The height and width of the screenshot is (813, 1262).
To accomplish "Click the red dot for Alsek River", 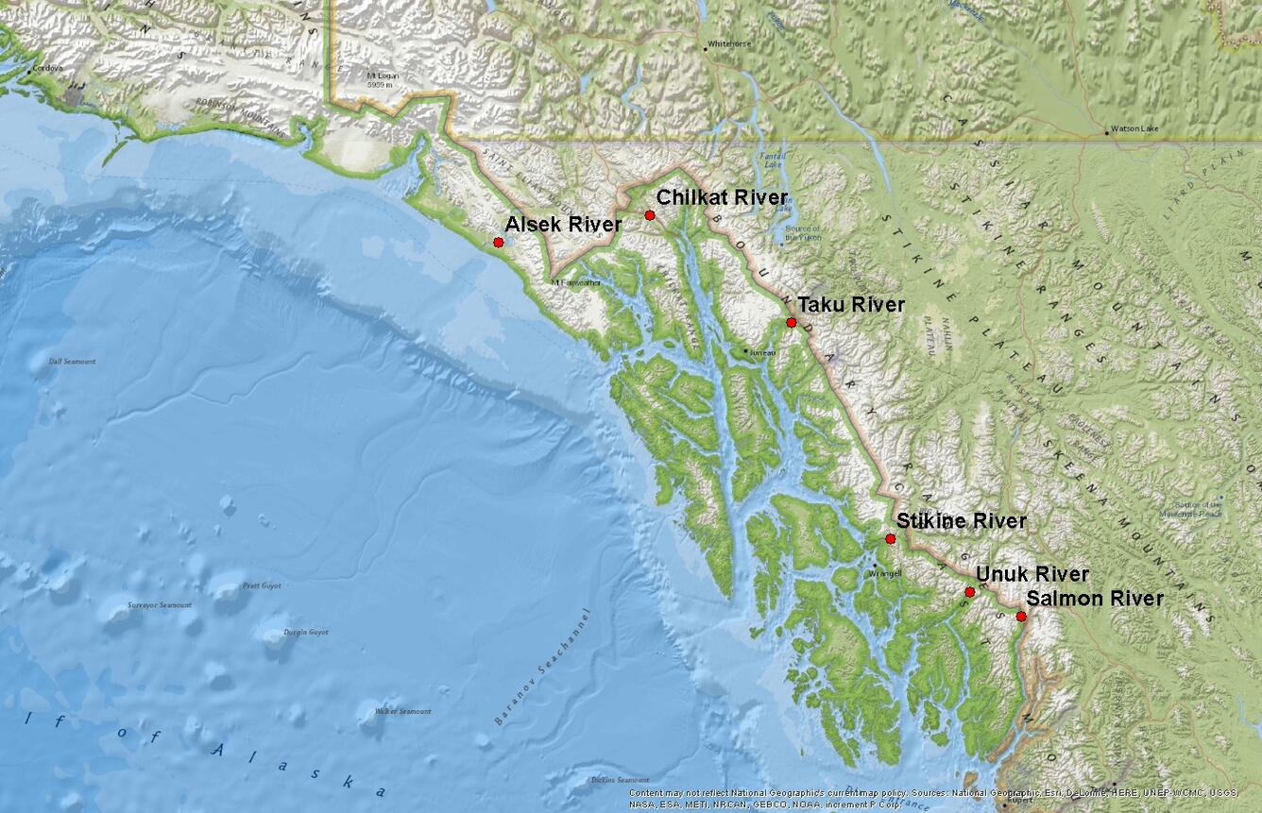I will pyautogui.click(x=498, y=243).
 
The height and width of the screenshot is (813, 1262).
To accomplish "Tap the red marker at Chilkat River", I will pyautogui.click(x=650, y=215).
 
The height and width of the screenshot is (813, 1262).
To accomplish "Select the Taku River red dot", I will pyautogui.click(x=792, y=322).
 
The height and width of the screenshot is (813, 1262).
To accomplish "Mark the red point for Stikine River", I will pyautogui.click(x=891, y=538).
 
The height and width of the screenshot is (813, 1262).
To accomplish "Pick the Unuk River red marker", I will pyautogui.click(x=970, y=592).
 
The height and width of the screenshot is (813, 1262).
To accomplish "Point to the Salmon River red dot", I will pyautogui.click(x=1021, y=616).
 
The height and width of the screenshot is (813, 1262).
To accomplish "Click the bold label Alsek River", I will pyautogui.click(x=563, y=225).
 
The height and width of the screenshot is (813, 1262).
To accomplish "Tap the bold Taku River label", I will pyautogui.click(x=851, y=305).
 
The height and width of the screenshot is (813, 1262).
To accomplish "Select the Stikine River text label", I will pyautogui.click(x=961, y=521).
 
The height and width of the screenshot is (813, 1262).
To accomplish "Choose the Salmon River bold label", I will pyautogui.click(x=1095, y=599).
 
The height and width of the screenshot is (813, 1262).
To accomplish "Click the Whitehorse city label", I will pyautogui.click(x=728, y=43).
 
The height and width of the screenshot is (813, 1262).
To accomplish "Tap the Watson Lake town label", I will pyautogui.click(x=1132, y=128).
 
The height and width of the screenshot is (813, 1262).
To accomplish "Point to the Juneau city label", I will pyautogui.click(x=762, y=352).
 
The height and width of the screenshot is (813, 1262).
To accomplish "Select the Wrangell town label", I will pyautogui.click(x=885, y=573).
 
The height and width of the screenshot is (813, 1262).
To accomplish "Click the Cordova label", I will pyautogui.click(x=48, y=68).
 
